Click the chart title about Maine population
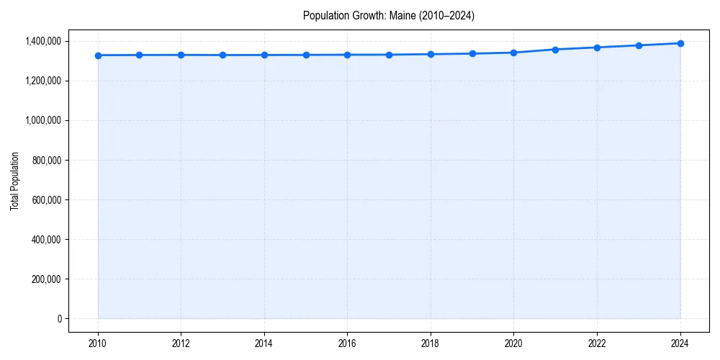[389, 15]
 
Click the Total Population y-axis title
[14, 181]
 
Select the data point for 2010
[98, 55]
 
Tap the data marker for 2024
[680, 43]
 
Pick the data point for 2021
[555, 50]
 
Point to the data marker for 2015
[306, 55]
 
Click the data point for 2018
[431, 54]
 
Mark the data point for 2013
[222, 55]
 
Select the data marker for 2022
[597, 48]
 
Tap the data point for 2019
[472, 53]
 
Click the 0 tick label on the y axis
[60, 319]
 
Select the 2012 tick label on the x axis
[181, 343]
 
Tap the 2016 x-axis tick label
[347, 343]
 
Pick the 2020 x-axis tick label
[514, 343]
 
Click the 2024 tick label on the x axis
[680, 343]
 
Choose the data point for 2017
[389, 55]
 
